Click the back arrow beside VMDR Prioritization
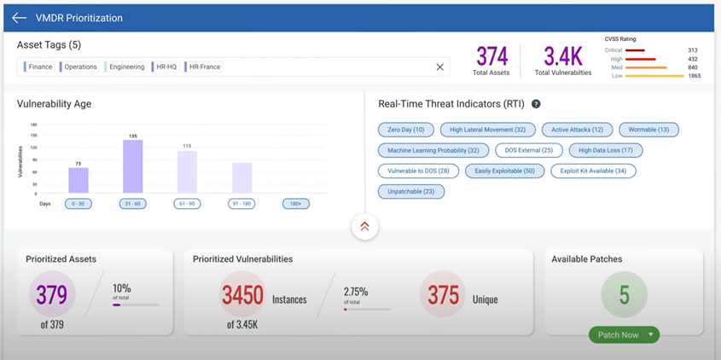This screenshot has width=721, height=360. click(19, 18)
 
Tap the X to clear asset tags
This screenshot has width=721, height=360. click(440, 67)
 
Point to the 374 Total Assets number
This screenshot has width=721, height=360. click(491, 57)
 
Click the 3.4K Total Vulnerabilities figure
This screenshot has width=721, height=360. click(562, 57)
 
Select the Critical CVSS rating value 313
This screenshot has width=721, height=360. click(692, 50)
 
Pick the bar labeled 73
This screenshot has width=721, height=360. click(78, 180)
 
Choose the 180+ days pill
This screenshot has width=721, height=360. click(296, 204)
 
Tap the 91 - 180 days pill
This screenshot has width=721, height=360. click(241, 204)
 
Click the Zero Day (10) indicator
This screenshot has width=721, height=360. click(405, 130)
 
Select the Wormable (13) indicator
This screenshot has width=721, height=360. click(648, 130)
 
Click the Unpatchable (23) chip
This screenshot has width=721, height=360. click(410, 191)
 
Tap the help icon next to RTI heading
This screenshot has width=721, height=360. click(536, 104)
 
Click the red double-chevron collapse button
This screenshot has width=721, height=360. click(364, 226)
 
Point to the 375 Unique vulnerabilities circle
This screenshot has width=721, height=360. click(443, 294)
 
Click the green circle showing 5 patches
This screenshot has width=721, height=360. click(624, 294)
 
